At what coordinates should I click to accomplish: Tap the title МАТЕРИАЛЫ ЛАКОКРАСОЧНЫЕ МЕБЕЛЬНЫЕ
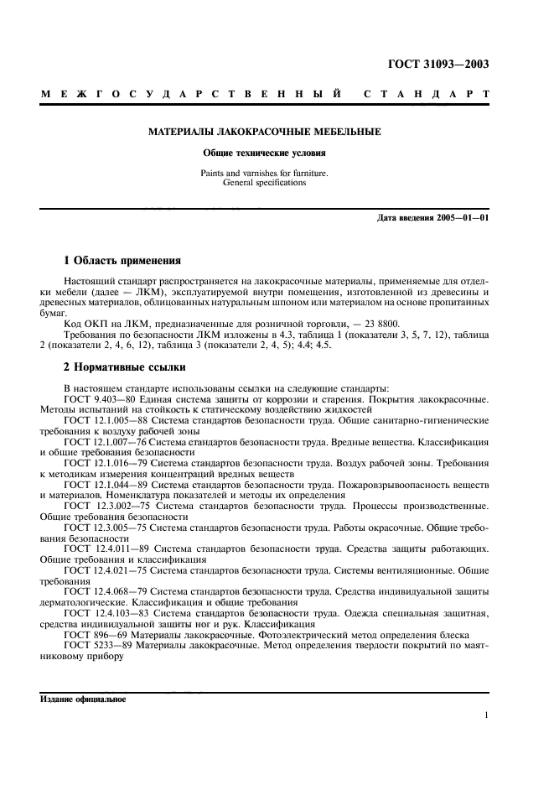(x=264, y=132)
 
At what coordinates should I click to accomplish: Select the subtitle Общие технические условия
(x=264, y=153)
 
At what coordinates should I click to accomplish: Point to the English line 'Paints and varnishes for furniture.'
(x=264, y=173)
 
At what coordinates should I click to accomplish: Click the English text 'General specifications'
(x=264, y=182)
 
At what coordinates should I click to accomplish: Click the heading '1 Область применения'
(x=122, y=261)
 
